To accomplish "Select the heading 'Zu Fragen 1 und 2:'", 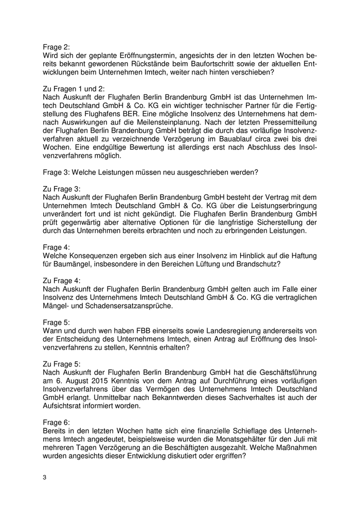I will click(73, 88).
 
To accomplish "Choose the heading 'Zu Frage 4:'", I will click(61, 282).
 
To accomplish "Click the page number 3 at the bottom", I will click(45, 477).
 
